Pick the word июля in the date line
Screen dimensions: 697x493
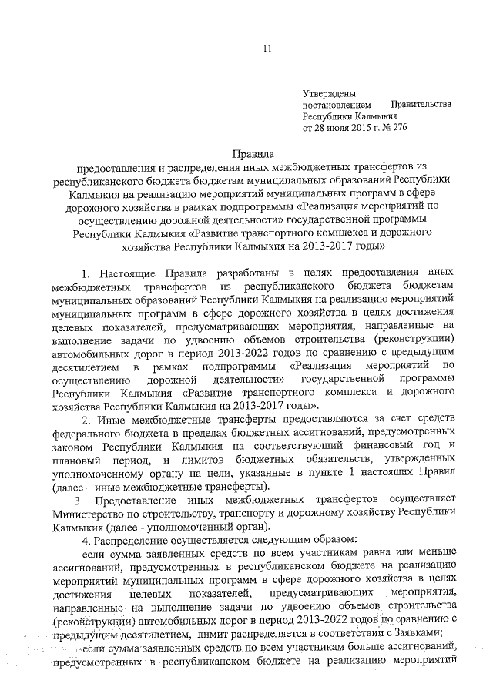pyautogui.click(x=329, y=127)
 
